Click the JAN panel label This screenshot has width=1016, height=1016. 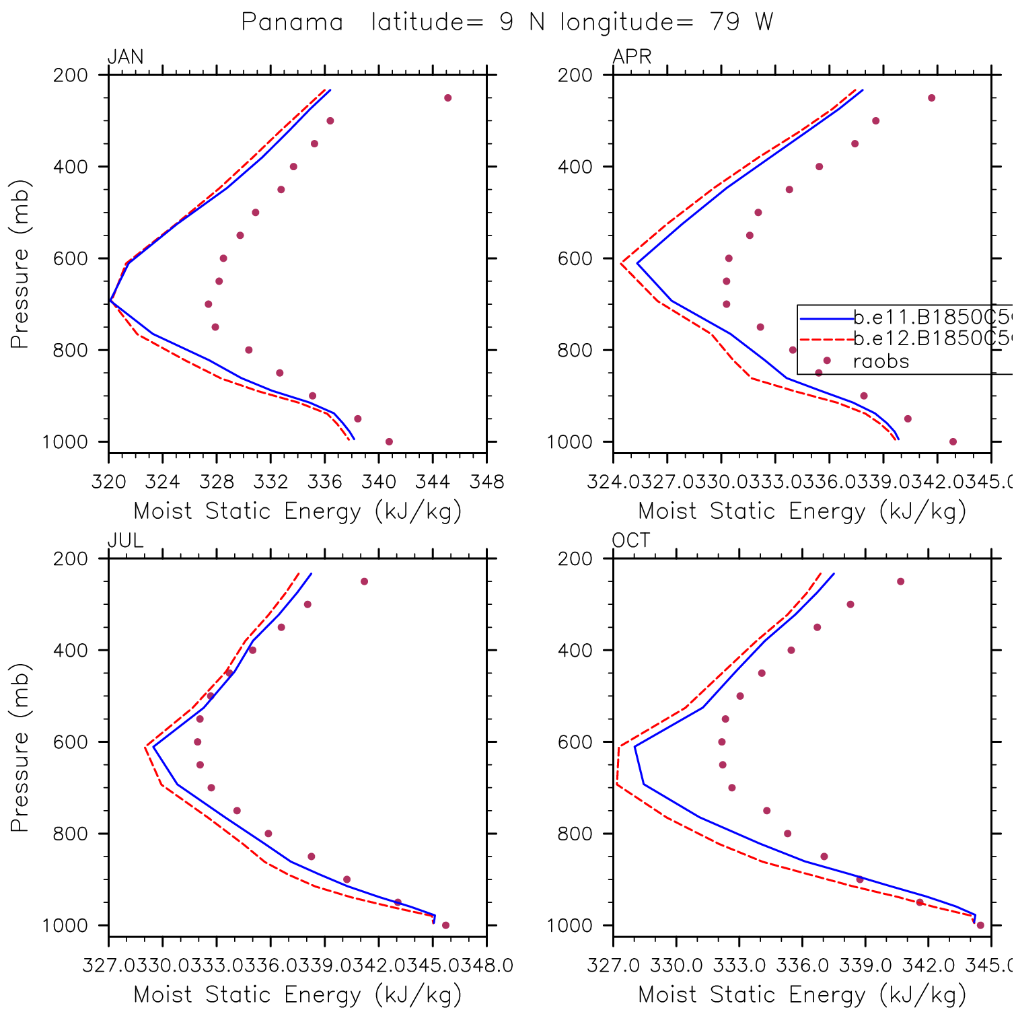[x=125, y=57]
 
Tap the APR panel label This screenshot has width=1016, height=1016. [x=632, y=57]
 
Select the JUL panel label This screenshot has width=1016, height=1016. [x=125, y=541]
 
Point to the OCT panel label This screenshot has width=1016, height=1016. [x=631, y=541]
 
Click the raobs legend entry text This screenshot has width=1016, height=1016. [x=881, y=362]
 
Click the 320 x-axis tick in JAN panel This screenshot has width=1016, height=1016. [x=109, y=482]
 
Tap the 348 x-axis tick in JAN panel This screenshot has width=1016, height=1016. [x=486, y=482]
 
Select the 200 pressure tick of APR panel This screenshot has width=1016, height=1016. [x=575, y=75]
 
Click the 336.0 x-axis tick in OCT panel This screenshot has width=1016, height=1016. [x=802, y=966]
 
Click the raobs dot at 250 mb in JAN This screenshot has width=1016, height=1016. [x=448, y=98]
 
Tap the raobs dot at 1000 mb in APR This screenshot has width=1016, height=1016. [x=953, y=442]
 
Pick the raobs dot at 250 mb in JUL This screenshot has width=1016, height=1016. [x=364, y=581]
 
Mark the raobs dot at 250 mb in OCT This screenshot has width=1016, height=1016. [x=900, y=581]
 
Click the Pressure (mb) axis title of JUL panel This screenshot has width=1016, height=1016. [x=20, y=747]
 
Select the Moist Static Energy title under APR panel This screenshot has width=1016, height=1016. [x=802, y=511]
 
